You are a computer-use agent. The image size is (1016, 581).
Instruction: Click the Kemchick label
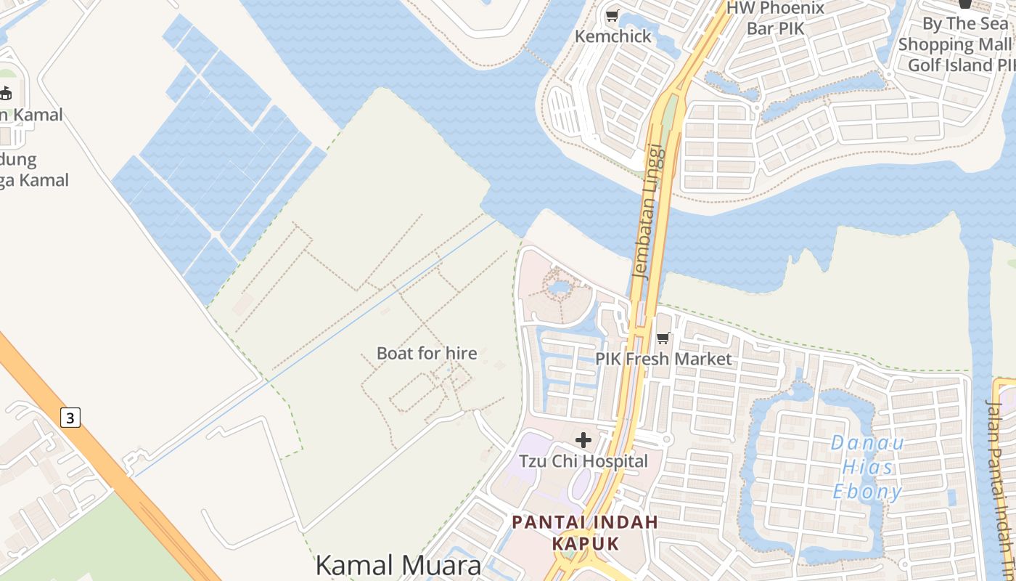pyautogui.click(x=613, y=36)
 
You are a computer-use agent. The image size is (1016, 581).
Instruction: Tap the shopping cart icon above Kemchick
pyautogui.click(x=613, y=15)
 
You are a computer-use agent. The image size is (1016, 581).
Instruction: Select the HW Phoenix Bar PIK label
pyautogui.click(x=776, y=18)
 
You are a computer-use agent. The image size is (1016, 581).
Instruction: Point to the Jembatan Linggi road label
pyautogui.click(x=648, y=211)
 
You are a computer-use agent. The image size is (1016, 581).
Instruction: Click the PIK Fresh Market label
pyautogui.click(x=663, y=359)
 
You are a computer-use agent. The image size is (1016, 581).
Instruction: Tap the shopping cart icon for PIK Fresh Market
pyautogui.click(x=663, y=338)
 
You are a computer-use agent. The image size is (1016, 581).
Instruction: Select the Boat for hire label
pyautogui.click(x=427, y=354)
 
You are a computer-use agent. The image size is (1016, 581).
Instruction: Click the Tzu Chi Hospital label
pyautogui.click(x=583, y=461)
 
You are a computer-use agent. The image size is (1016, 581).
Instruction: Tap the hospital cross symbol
pyautogui.click(x=583, y=440)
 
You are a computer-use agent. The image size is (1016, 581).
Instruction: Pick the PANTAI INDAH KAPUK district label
pyautogui.click(x=585, y=532)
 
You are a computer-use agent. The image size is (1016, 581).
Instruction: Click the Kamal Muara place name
pyautogui.click(x=398, y=565)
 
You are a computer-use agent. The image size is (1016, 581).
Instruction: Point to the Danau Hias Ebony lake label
pyautogui.click(x=867, y=467)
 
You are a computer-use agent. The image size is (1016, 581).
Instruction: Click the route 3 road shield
pyautogui.click(x=70, y=418)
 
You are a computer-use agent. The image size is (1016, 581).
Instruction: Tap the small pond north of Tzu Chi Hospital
pyautogui.click(x=560, y=289)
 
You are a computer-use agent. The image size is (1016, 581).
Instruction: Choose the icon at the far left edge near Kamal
pyautogui.click(x=6, y=93)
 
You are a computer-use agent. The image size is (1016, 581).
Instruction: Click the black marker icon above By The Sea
pyautogui.click(x=965, y=4)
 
